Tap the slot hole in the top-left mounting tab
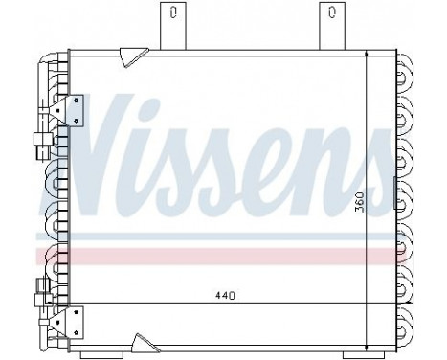(172, 13)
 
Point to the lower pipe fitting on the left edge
(39, 287)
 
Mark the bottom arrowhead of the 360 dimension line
(370, 326)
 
